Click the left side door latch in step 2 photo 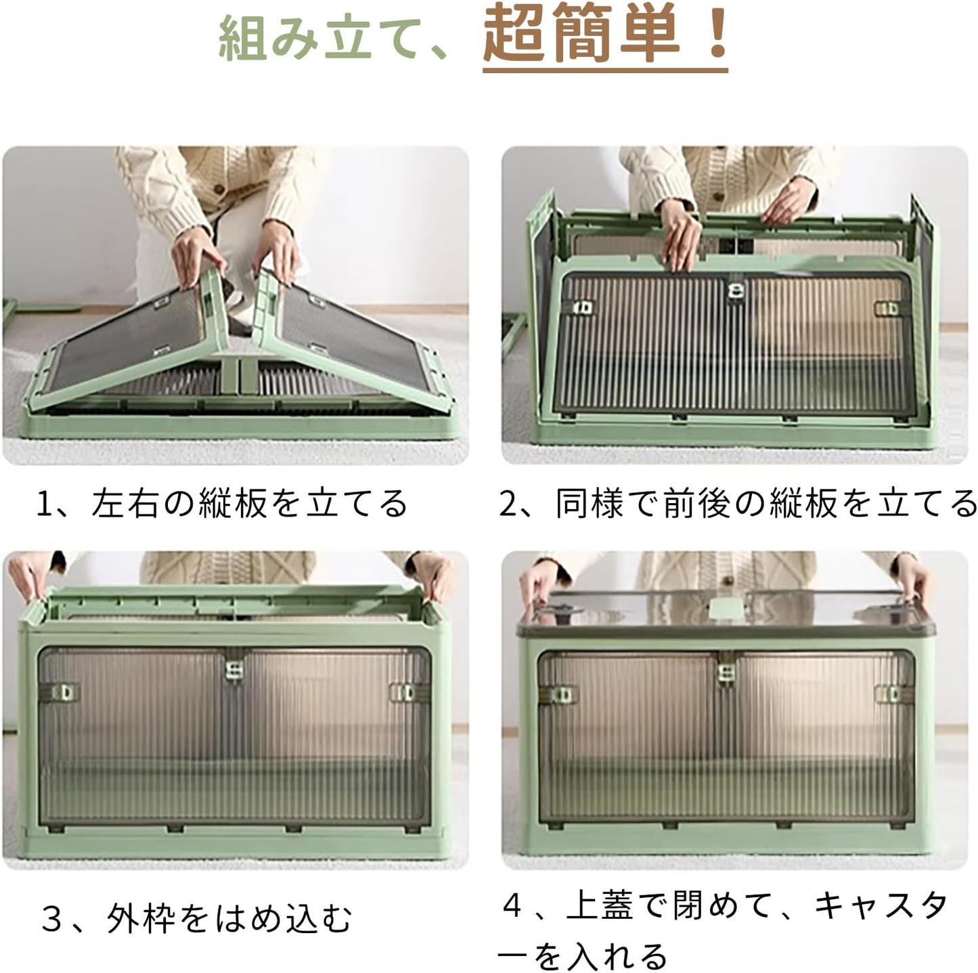coord(583,307)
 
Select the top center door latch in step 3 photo coord(234,669)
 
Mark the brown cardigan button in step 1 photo coord(219,189)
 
